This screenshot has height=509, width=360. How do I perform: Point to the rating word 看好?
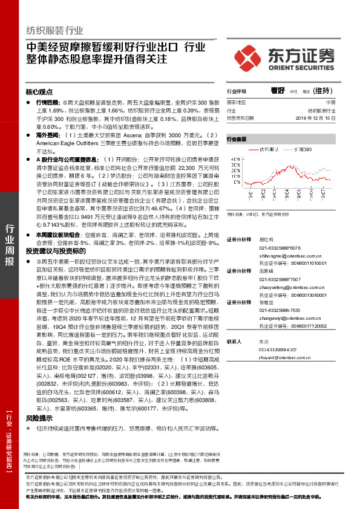click(x=278, y=90)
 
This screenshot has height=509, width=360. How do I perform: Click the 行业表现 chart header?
click(x=237, y=139)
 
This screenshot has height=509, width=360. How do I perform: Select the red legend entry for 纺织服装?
click(x=272, y=147)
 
